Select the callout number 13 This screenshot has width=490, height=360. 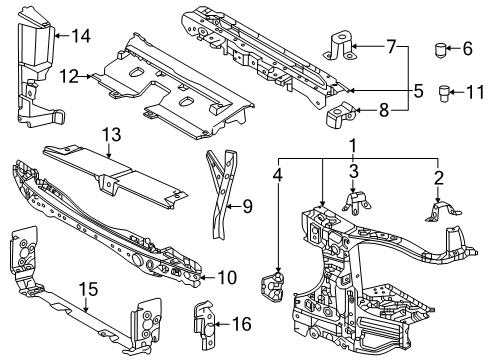pyautogui.click(x=110, y=134)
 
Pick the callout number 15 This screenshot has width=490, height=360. pyautogui.click(x=88, y=290)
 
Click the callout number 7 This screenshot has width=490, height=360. pyautogui.click(x=390, y=46)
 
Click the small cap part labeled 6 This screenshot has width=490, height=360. pyautogui.click(x=441, y=48)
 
